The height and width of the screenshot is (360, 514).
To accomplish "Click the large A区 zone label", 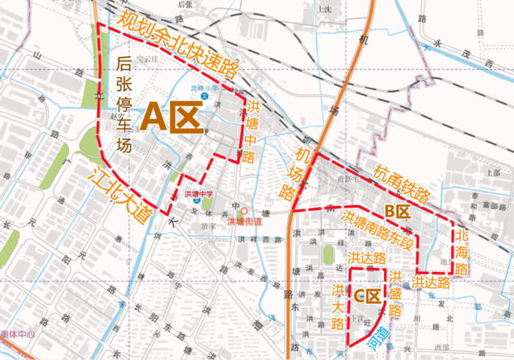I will point(173,116).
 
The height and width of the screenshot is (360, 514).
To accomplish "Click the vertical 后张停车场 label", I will point(124,104).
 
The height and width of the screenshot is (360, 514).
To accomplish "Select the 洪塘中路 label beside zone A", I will point(251,132).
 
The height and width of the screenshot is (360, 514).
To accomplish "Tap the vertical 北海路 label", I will point(462,252).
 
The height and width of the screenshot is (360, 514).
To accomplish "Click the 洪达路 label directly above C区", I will point(367,259).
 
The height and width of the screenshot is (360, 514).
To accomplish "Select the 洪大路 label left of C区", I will point(339,304).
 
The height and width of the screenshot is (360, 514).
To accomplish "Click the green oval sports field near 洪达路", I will point(327,255).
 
